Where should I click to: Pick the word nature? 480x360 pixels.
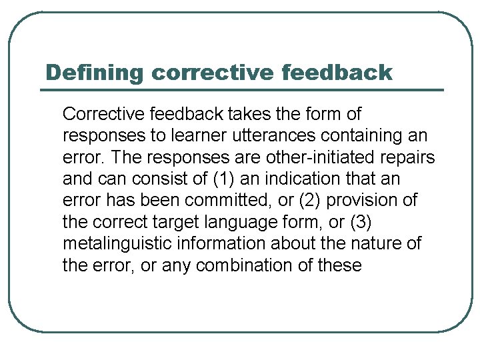(375, 244)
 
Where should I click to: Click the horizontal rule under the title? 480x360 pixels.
(243, 90)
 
